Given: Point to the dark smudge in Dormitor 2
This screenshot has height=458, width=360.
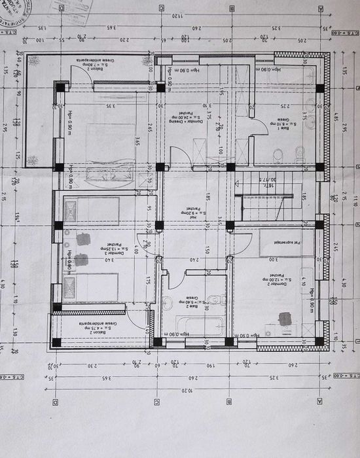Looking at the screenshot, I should (x=285, y=319).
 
